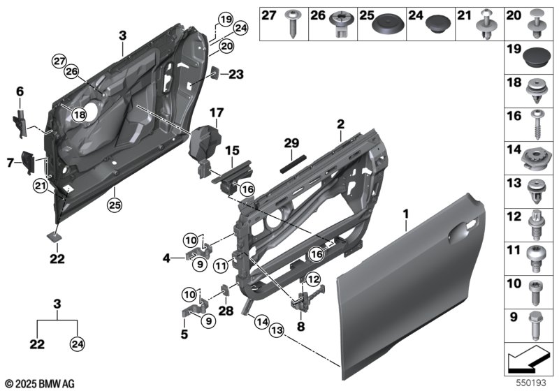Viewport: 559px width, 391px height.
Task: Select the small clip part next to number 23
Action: [x=216, y=73]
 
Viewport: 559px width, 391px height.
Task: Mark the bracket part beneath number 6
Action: [x=20, y=121]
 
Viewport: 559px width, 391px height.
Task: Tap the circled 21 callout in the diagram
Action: [x=39, y=185]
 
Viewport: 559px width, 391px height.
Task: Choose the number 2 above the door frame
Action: [x=340, y=124]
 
